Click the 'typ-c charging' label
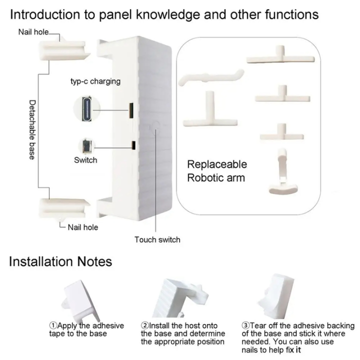pos(95,81)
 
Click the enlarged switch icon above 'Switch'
pos(85,145)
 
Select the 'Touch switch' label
pos(157,239)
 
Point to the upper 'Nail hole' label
pos(33,32)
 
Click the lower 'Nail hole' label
pos(82,227)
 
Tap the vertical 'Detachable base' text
pos(31,129)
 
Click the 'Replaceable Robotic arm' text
pos(217,170)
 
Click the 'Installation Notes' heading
pos(60,261)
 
